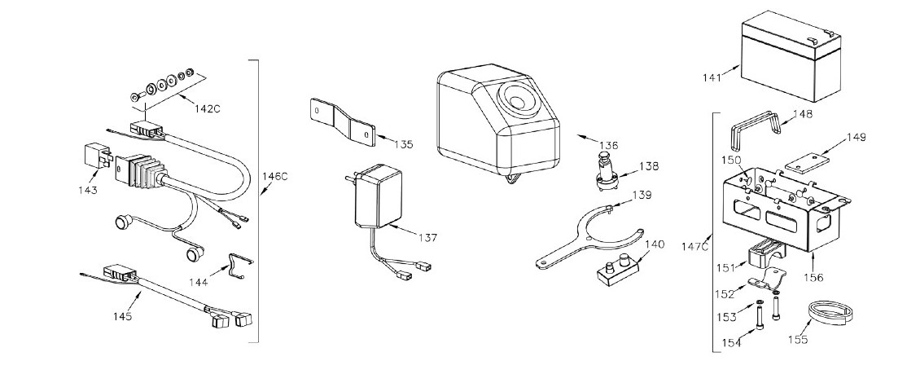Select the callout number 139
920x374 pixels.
[642, 195]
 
